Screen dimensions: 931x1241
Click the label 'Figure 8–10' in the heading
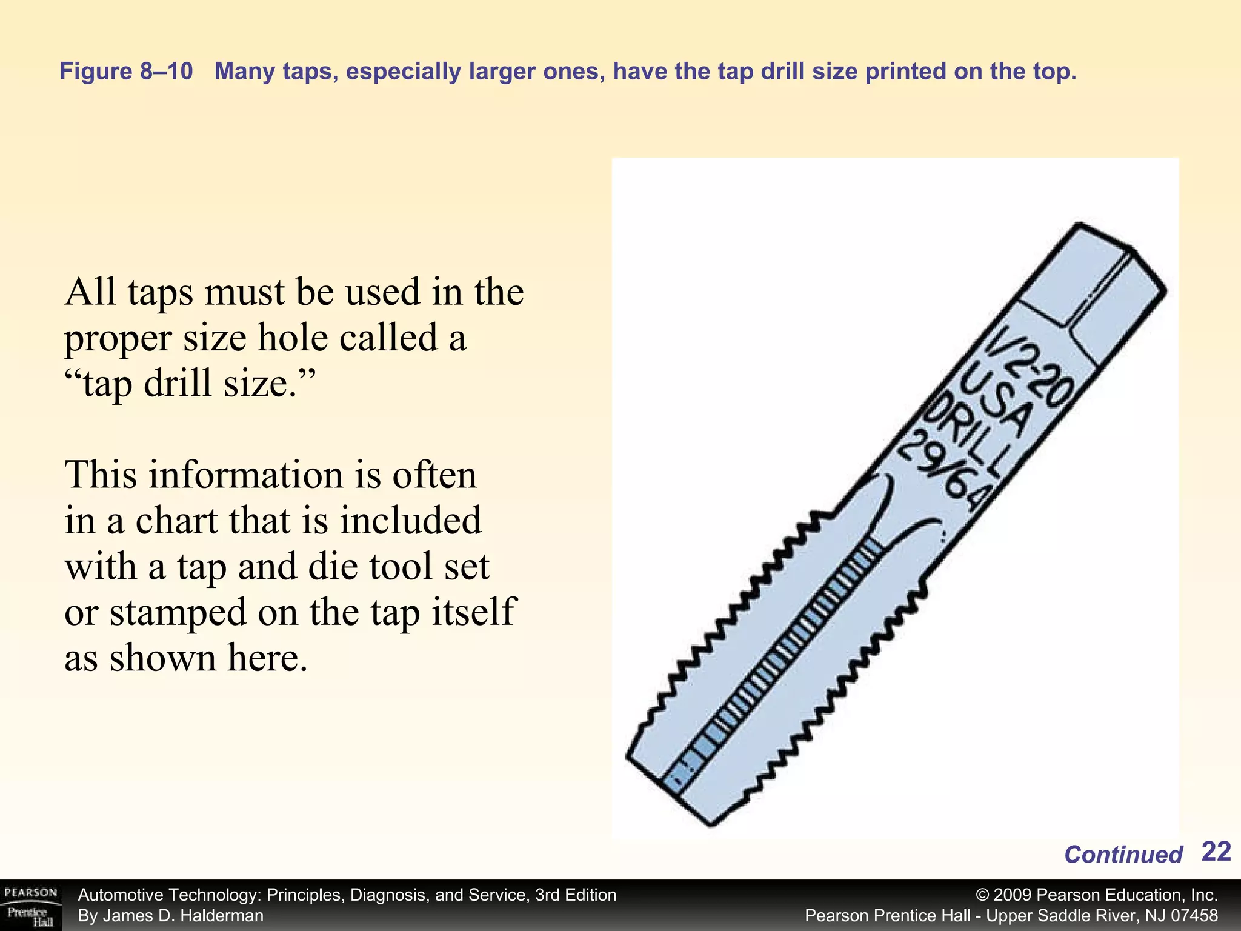point(126,72)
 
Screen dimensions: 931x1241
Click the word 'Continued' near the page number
point(1123,855)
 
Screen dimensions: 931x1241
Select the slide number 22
point(1216,852)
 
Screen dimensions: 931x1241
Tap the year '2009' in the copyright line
point(1013,895)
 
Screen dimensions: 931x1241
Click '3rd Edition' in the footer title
point(575,895)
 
